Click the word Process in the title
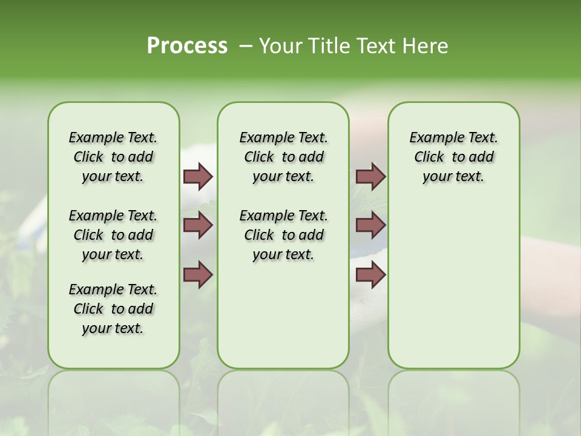pos(187,45)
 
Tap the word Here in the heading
pos(426,45)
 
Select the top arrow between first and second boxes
pos(198,176)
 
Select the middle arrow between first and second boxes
pos(198,225)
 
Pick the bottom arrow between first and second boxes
pos(198,274)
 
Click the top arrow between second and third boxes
pos(370,176)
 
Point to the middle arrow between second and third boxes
pos(370,225)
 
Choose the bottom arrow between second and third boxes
pos(370,274)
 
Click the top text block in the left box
pos(113,157)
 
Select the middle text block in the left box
pos(113,235)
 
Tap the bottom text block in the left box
pos(113,309)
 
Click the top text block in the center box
pos(283,157)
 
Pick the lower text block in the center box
pos(283,235)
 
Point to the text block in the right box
pos(453,157)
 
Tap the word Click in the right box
pos(429,157)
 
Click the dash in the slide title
pos(246,45)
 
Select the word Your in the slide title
pos(281,45)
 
